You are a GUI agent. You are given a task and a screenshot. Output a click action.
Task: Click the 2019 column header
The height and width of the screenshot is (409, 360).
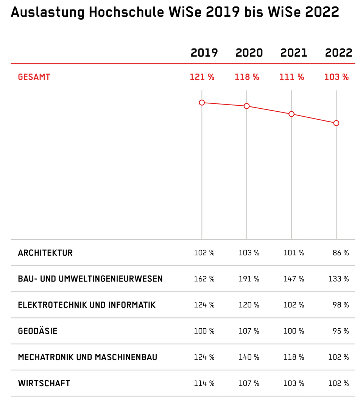click(x=204, y=53)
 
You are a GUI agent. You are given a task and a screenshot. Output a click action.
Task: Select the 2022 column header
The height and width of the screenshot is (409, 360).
click(x=339, y=53)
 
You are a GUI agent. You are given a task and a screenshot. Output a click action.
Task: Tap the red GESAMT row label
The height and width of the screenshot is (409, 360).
click(x=34, y=77)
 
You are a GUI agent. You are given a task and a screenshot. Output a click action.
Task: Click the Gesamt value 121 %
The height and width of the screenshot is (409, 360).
click(x=202, y=77)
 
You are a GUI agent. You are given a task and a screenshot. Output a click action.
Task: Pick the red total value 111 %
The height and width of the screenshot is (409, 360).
click(x=292, y=77)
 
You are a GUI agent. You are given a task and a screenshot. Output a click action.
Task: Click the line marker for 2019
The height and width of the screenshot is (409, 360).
click(x=202, y=103)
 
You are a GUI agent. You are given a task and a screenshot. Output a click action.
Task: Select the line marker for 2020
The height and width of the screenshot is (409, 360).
click(x=246, y=106)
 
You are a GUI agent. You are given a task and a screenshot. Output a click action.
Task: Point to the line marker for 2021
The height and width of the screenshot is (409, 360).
click(x=291, y=114)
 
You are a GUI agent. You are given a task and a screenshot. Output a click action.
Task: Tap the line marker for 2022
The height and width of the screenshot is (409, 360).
click(x=336, y=123)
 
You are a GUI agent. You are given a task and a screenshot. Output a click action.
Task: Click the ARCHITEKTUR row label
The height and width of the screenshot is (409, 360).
click(x=45, y=253)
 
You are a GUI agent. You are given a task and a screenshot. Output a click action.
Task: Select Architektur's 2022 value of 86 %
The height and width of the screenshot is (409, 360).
click(x=341, y=253)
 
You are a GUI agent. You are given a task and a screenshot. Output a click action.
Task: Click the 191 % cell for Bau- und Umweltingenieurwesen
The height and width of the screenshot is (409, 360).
click(x=249, y=279)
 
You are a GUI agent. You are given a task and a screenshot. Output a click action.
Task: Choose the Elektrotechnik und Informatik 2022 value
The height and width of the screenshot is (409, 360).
click(x=341, y=305)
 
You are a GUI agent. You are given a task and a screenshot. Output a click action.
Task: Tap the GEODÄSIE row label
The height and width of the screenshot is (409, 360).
click(x=37, y=331)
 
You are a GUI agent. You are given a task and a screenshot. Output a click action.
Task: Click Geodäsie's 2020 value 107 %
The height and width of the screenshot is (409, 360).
click(x=249, y=331)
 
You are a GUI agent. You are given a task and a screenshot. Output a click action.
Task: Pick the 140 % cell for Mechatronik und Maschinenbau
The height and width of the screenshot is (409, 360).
click(x=249, y=357)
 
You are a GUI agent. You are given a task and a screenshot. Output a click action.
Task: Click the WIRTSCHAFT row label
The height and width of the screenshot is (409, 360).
click(x=44, y=383)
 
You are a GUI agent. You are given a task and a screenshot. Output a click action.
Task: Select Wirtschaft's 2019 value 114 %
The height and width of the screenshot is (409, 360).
click(x=204, y=383)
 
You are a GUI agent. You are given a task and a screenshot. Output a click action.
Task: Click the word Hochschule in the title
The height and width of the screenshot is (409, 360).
click(x=126, y=12)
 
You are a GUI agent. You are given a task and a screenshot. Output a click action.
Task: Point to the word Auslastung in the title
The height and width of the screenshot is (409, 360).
click(x=48, y=12)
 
